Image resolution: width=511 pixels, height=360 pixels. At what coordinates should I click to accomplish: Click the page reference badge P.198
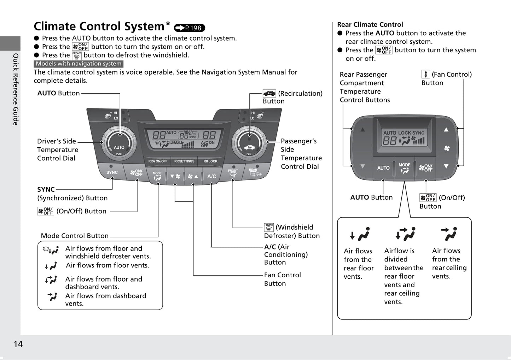190,28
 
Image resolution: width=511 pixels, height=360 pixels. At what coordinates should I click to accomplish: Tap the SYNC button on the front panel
112,172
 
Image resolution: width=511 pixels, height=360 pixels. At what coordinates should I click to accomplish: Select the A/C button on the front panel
211,176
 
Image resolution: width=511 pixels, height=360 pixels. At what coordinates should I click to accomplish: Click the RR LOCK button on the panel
210,161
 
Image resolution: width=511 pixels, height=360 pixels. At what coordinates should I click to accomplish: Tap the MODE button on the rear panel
404,168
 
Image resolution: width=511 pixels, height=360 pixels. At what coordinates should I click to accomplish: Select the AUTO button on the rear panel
383,168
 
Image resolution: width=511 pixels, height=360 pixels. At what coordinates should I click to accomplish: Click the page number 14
18,344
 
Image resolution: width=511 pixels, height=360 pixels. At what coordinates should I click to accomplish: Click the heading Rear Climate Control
370,24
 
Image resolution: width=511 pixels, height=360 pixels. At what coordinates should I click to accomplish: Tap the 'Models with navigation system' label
79,64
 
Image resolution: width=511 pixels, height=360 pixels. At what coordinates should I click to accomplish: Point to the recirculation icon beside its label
269,93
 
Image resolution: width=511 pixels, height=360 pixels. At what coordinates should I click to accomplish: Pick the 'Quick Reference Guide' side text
16,89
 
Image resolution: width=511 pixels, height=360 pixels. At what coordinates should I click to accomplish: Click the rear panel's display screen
404,137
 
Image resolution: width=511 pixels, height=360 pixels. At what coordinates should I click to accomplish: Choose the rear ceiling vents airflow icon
449,234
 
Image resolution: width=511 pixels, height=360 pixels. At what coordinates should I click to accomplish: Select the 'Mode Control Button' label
75,236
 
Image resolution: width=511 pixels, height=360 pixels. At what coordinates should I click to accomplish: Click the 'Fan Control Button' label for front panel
282,279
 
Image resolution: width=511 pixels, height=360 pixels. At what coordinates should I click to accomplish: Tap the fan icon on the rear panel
447,148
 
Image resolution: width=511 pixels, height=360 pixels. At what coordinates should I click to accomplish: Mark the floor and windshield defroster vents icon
51,250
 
